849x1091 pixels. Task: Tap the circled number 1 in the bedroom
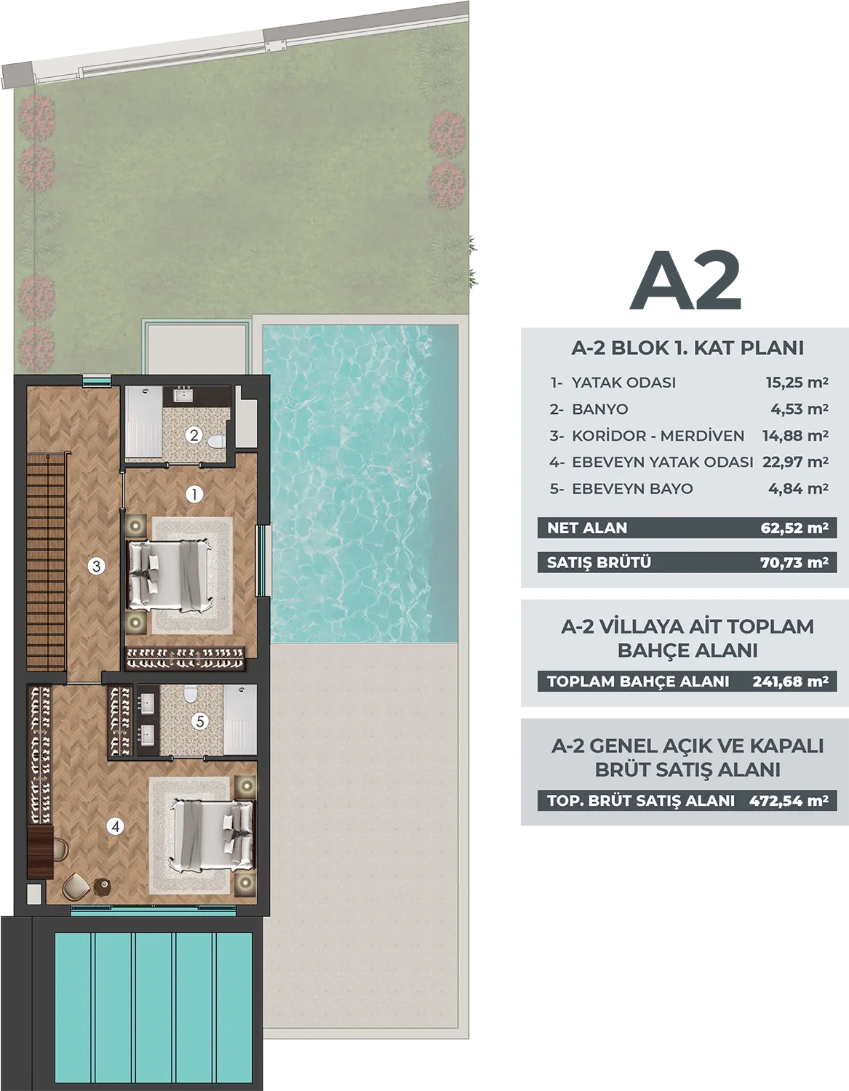[194, 495]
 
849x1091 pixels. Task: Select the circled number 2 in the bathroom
[194, 435]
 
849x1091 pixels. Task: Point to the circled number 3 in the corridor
[96, 567]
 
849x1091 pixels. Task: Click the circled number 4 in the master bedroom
[116, 826]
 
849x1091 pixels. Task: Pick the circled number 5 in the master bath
[200, 722]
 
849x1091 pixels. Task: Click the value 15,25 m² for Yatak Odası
[797, 383]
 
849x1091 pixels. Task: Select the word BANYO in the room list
[600, 409]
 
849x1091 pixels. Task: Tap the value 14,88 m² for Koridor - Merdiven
[795, 436]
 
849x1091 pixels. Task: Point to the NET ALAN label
[587, 528]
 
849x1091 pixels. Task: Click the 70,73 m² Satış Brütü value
[794, 562]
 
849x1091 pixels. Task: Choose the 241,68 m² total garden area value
[790, 682]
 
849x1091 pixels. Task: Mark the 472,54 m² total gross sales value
[788, 800]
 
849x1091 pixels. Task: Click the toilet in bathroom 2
[216, 441]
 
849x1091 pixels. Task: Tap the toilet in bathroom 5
[191, 695]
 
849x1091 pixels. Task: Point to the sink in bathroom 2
[183, 395]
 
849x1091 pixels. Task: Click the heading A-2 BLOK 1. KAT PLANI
[687, 348]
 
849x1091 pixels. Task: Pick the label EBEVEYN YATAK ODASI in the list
[663, 463]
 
